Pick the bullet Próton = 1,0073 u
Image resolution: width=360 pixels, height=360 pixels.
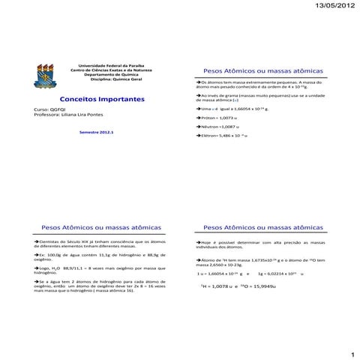pos(217,118)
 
